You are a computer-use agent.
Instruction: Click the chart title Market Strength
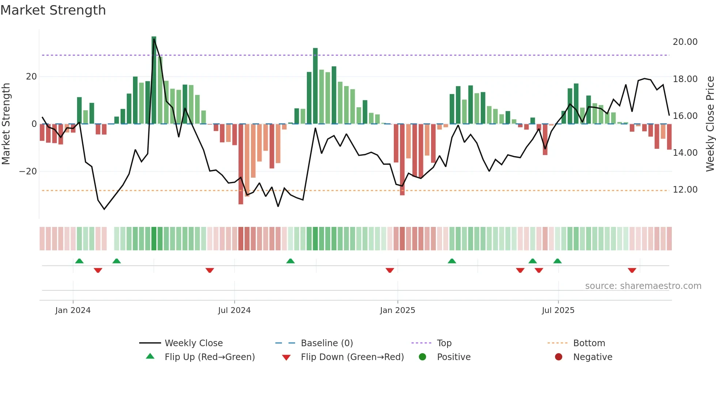pos(53,10)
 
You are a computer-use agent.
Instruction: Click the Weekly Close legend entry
pos(193,343)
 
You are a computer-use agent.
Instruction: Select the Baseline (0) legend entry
pos(327,343)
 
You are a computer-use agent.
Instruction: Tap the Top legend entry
pos(444,343)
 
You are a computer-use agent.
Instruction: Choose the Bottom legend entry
pos(589,343)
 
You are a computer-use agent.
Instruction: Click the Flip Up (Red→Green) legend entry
pos(209,357)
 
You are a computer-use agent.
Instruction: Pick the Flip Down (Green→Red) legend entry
pos(352,357)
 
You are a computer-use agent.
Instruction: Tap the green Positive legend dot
pos(423,357)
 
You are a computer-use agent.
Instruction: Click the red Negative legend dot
pos(559,357)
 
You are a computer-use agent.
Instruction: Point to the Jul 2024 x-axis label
pos(234,310)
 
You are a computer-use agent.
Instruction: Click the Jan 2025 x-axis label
pos(397,310)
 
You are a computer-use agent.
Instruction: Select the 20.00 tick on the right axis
pos(685,42)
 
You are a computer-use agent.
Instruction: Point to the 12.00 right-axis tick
pos(685,190)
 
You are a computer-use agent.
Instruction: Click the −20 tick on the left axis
pos(28,171)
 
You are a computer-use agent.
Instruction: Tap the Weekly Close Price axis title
pos(710,124)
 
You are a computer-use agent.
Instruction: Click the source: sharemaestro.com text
pos(643,286)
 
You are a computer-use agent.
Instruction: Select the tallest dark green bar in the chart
pos(154,80)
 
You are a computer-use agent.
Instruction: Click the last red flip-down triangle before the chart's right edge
pos(632,270)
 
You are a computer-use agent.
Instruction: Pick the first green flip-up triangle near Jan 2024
pos(79,261)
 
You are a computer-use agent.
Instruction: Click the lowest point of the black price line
pos(104,209)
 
